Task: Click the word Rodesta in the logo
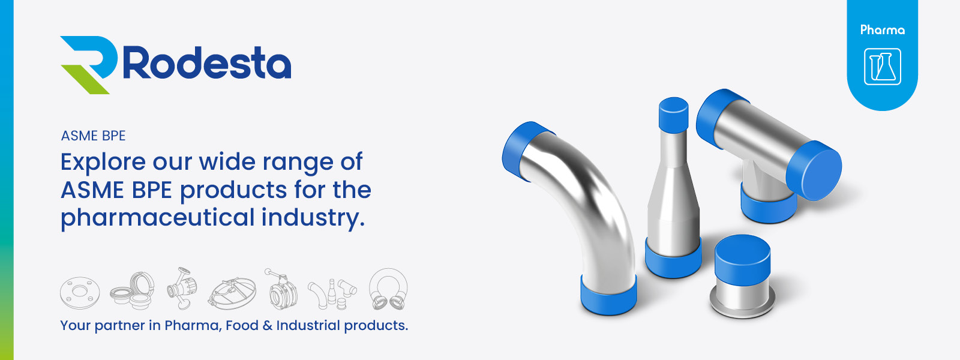[x=207, y=63]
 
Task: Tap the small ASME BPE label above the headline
[x=93, y=136]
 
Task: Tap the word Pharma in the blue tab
[x=882, y=30]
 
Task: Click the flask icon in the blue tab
[x=882, y=67]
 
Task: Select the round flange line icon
[x=79, y=293]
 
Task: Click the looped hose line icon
[x=388, y=289]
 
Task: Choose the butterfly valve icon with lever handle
[x=280, y=289]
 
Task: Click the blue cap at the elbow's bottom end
[x=608, y=295]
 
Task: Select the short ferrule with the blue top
[x=742, y=276]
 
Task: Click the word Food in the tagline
[x=242, y=325]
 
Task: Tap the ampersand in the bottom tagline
[x=267, y=325]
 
